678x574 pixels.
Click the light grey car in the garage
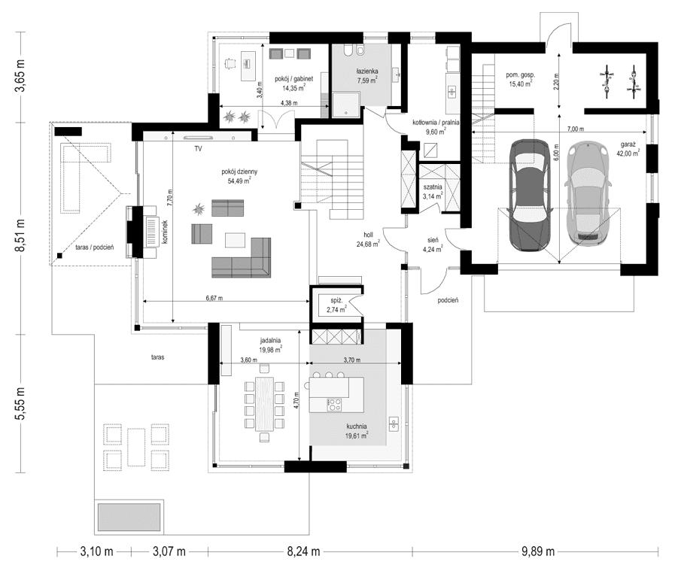click(589, 193)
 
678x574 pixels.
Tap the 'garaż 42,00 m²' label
click(627, 147)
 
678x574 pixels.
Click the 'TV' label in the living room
click(197, 150)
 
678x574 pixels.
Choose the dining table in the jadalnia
click(263, 399)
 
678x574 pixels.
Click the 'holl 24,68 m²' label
click(369, 238)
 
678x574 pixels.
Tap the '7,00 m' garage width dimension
click(577, 129)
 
